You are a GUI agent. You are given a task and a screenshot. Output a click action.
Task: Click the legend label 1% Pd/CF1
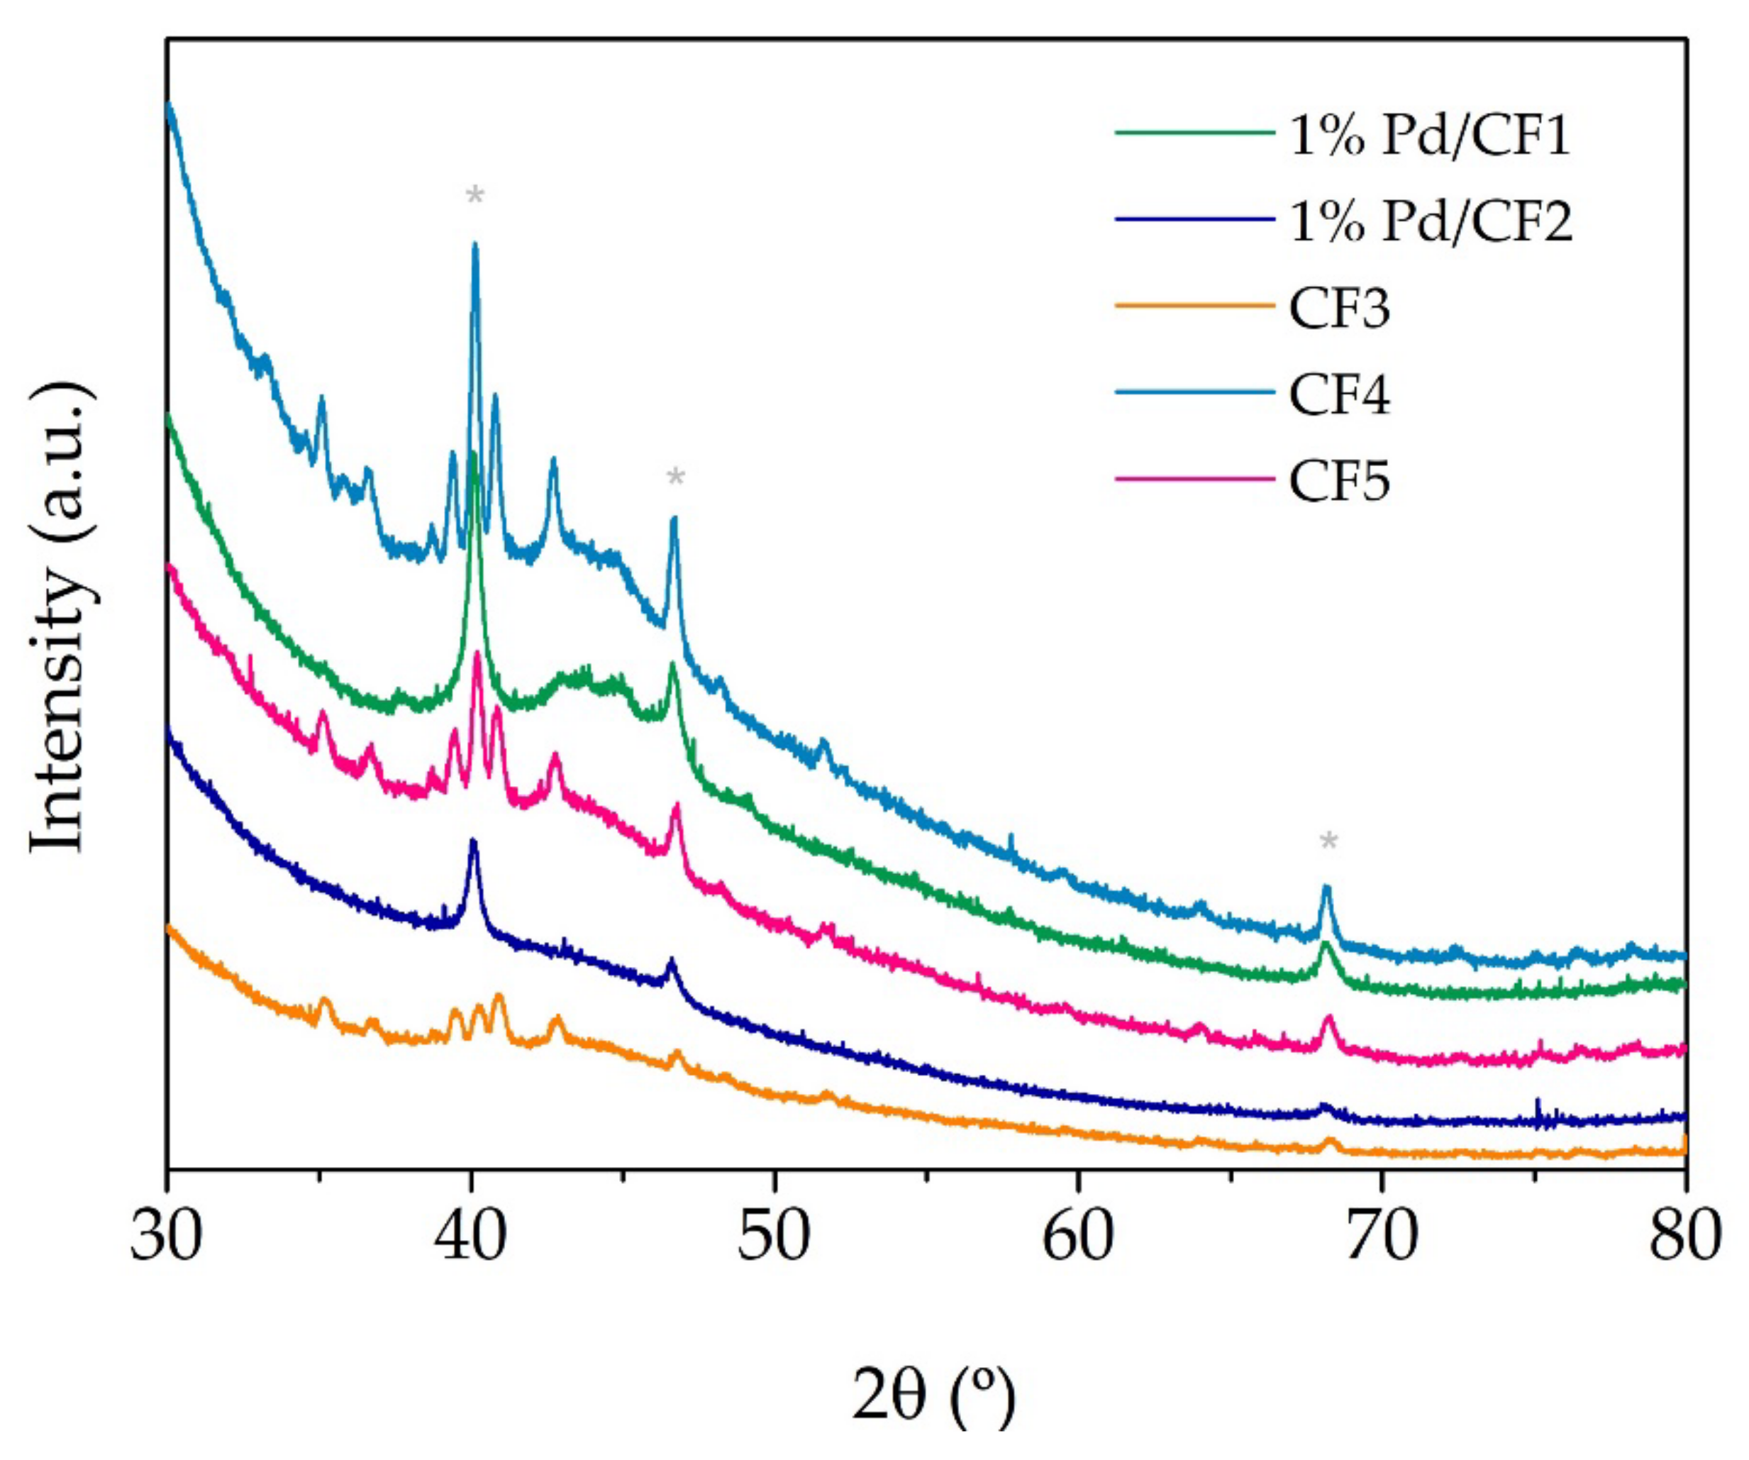1429,135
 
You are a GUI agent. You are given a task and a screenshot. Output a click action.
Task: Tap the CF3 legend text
1339,309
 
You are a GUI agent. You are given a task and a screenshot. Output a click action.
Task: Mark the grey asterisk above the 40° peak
474,197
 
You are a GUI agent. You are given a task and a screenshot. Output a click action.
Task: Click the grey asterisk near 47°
675,478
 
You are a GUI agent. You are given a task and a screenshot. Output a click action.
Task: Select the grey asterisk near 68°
1328,842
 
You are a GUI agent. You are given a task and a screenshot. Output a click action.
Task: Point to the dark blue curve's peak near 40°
474,841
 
